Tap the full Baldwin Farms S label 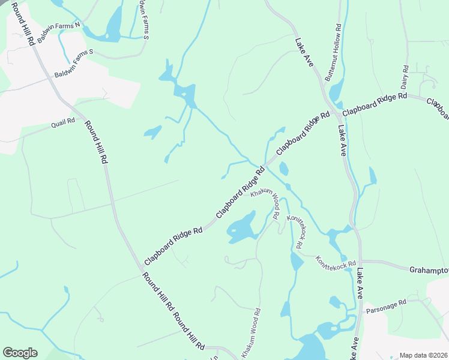74,64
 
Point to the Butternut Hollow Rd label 332,53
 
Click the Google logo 20,353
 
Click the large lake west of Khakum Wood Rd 242,229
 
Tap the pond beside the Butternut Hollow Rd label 335,90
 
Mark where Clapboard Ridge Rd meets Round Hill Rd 144,265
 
